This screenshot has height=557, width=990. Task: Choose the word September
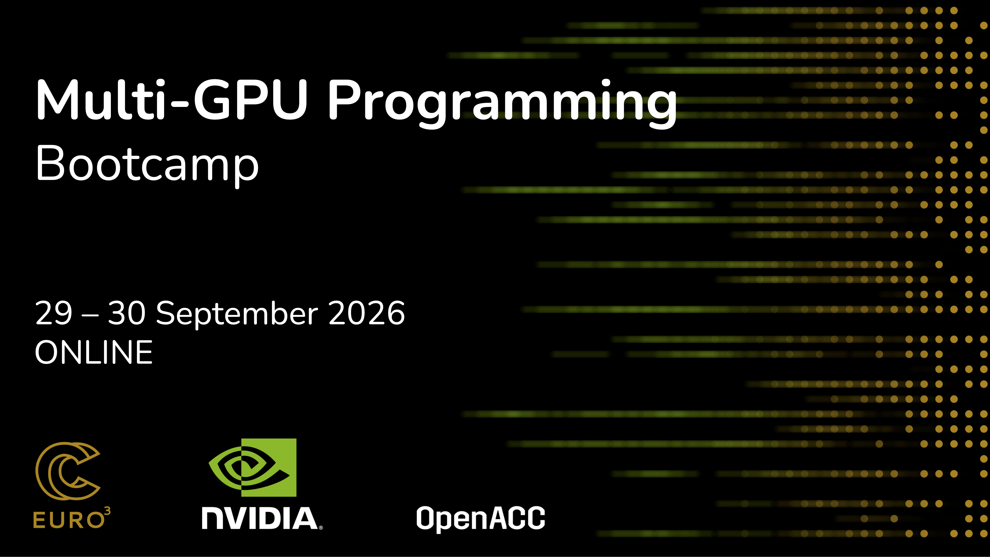tap(237, 314)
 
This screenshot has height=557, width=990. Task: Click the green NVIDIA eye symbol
tap(252, 467)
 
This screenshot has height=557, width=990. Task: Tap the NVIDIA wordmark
tap(260, 518)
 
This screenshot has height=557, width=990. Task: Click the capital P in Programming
tap(345, 100)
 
